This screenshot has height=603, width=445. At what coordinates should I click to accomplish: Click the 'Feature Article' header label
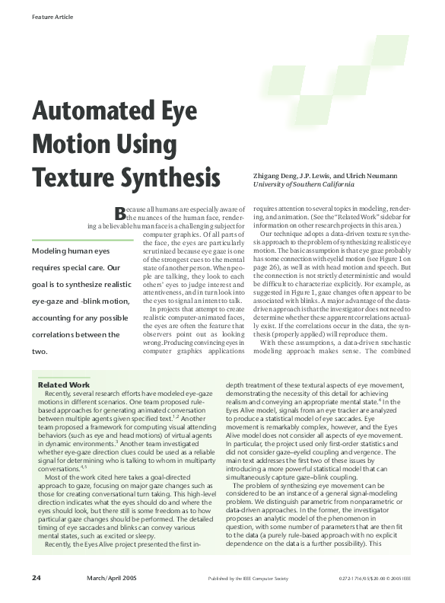52,16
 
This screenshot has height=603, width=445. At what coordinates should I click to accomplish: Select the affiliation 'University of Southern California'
304,184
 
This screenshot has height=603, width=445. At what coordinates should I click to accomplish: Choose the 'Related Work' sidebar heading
64,385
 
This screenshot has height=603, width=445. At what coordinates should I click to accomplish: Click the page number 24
37,579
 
